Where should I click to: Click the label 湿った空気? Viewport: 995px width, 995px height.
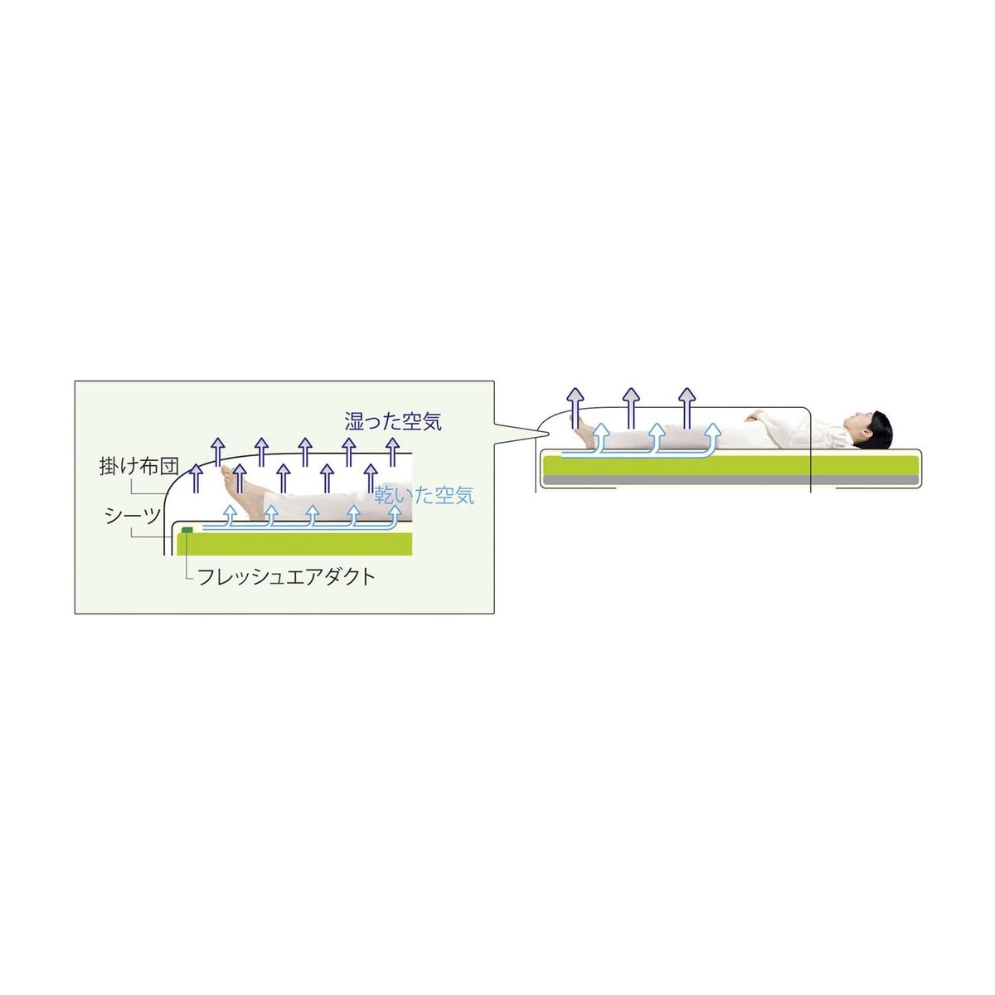(x=393, y=421)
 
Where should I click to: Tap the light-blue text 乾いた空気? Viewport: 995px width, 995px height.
(x=425, y=495)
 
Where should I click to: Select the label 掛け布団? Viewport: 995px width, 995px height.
(x=139, y=466)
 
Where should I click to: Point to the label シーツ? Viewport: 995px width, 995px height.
(x=133, y=516)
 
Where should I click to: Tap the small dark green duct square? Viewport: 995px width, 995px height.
(x=187, y=529)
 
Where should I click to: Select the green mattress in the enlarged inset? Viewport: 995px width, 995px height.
(x=294, y=544)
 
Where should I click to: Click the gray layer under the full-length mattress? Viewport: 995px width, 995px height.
(x=730, y=481)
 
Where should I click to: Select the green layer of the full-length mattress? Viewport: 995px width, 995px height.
(x=730, y=466)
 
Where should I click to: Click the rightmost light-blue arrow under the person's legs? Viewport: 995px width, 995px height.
(x=714, y=439)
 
